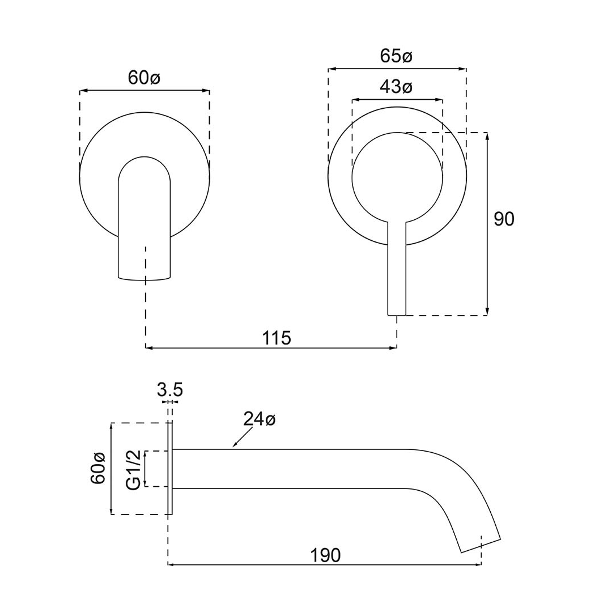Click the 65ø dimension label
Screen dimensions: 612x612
(x=396, y=57)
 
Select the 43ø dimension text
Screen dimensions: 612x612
(x=396, y=87)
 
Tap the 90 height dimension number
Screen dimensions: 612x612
(x=504, y=219)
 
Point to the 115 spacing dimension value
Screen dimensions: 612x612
(x=277, y=338)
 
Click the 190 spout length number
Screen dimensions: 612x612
(x=325, y=555)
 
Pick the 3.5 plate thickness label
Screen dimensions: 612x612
(x=169, y=390)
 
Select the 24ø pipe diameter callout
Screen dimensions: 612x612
(x=259, y=419)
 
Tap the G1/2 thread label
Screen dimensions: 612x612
(x=133, y=470)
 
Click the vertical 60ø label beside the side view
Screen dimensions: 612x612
(x=98, y=468)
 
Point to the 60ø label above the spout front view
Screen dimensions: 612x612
(x=144, y=78)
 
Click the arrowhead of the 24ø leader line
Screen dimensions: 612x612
(x=235, y=447)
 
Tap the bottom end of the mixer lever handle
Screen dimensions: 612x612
(x=397, y=313)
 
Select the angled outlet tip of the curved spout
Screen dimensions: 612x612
(x=481, y=545)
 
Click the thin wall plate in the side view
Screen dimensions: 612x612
(x=169, y=468)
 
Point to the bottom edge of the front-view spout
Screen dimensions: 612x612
(x=144, y=278)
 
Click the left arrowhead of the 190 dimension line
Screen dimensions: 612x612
(x=171, y=564)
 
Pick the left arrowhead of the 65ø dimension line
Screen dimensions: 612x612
(x=331, y=69)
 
